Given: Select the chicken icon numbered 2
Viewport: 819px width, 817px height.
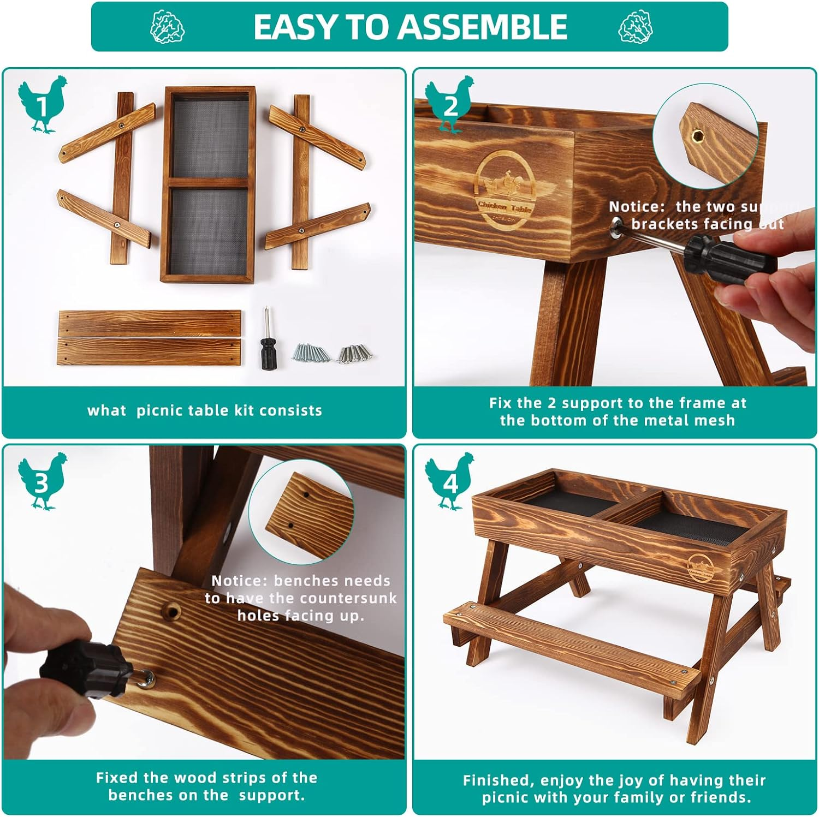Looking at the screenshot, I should tap(450, 104).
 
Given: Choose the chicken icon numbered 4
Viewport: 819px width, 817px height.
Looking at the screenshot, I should tap(450, 481).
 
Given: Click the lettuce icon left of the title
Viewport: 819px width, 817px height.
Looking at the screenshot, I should tap(168, 27).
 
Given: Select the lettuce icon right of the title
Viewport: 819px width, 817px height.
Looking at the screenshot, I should tap(636, 27).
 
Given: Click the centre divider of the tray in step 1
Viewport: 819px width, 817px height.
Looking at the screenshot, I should tap(208, 182).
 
